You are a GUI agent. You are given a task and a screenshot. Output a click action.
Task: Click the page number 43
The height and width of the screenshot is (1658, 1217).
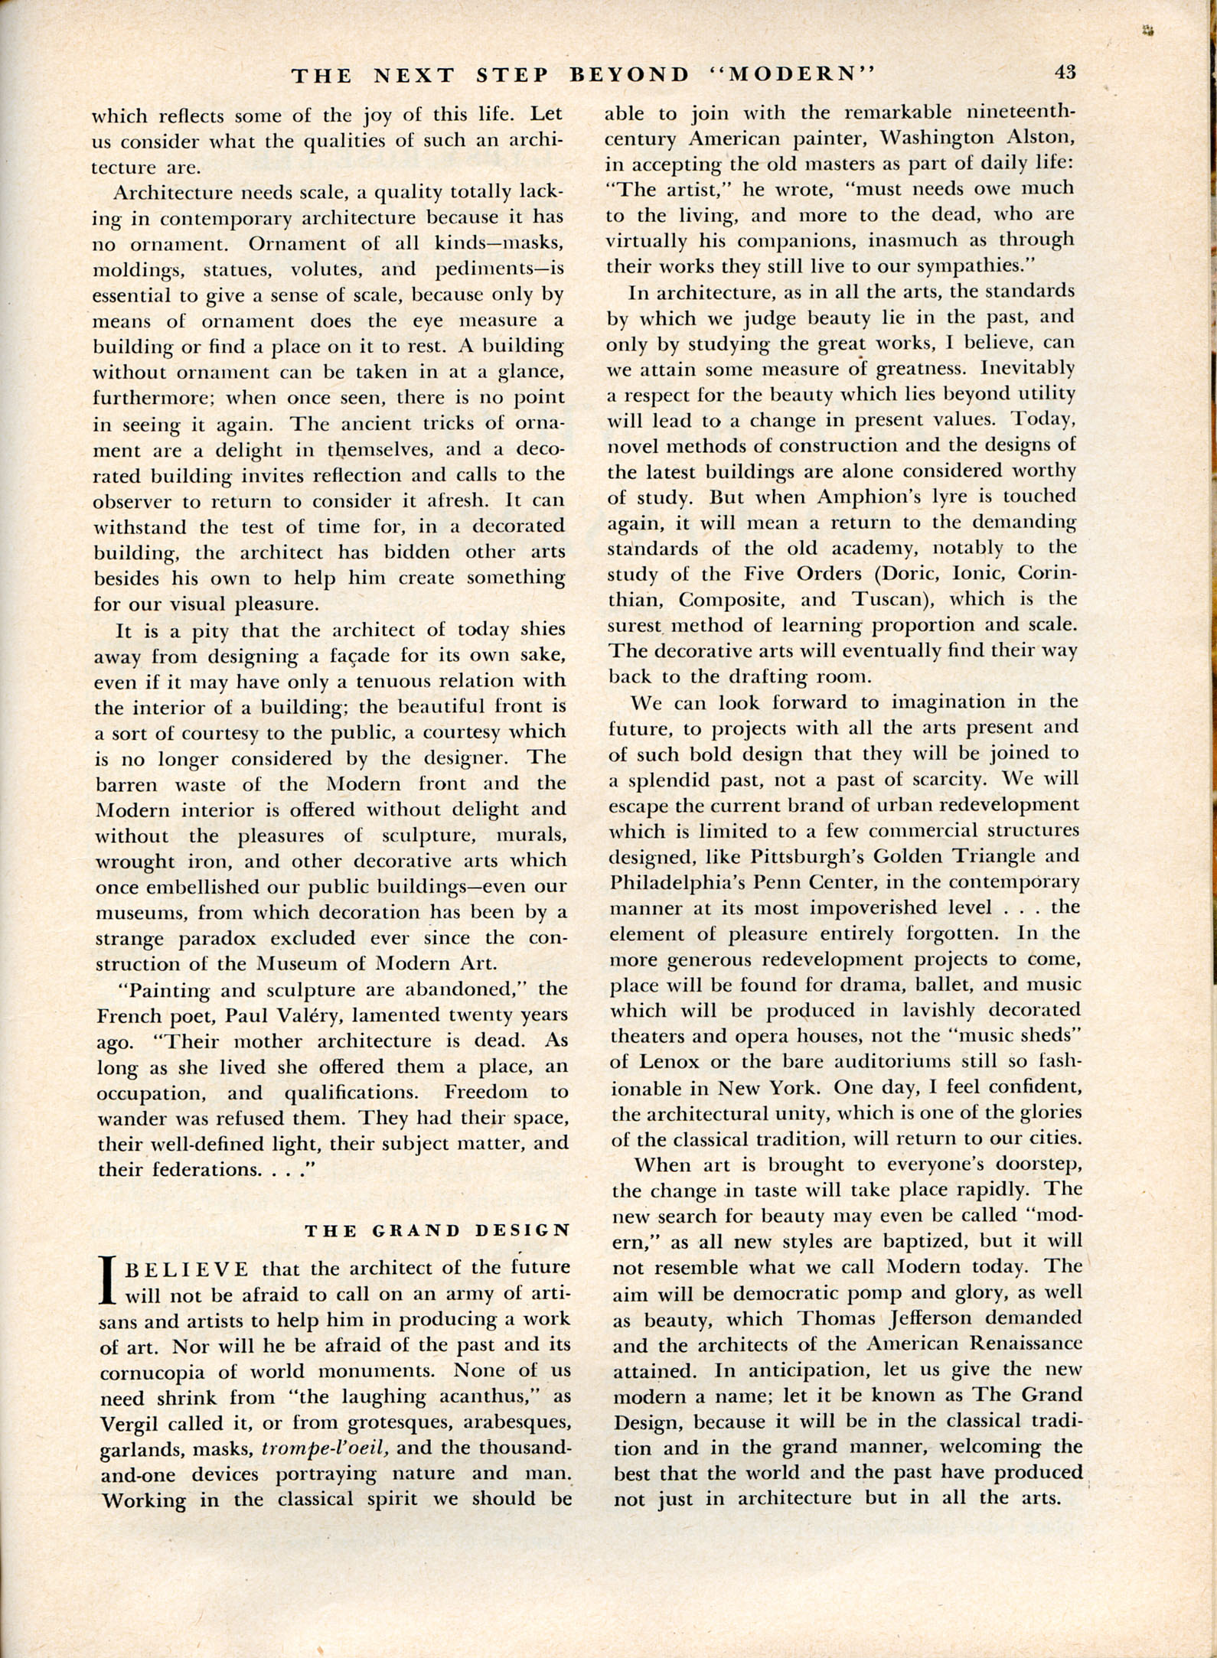pyautogui.click(x=1065, y=73)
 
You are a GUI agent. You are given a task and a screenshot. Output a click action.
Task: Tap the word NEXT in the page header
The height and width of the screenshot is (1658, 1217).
pyautogui.click(x=416, y=75)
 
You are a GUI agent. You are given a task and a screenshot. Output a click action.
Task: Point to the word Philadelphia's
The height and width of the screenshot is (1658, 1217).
pyautogui.click(x=677, y=881)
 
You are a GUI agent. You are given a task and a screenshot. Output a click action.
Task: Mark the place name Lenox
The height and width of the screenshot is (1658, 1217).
pyautogui.click(x=676, y=1062)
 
